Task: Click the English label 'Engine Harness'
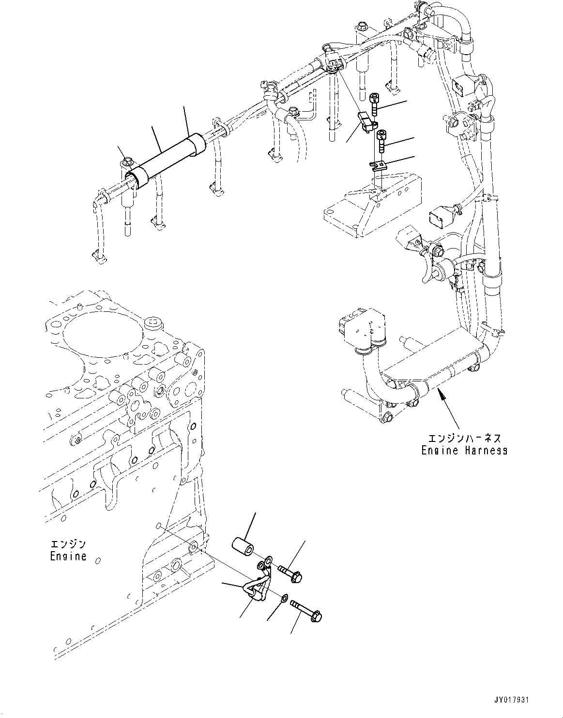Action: (464, 450)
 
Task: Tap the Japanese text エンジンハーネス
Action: (464, 438)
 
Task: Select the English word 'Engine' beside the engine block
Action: (68, 556)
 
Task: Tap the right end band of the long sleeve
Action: (198, 146)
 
